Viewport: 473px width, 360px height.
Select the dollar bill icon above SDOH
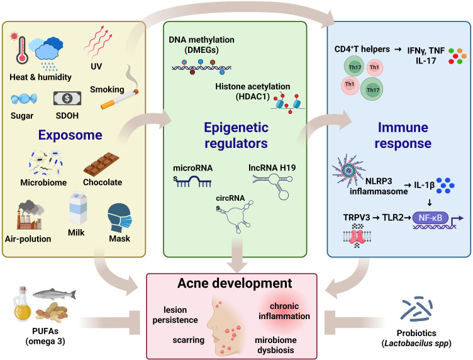pyautogui.click(x=67, y=99)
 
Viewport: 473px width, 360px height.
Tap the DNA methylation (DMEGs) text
pyautogui.click(x=202, y=45)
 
